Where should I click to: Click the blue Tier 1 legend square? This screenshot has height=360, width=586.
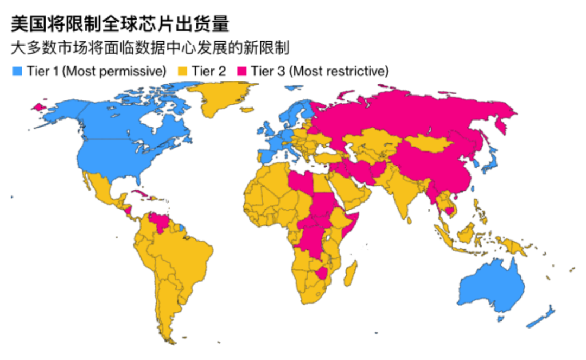pos(17,72)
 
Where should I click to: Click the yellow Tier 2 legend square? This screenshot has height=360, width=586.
pos(183,72)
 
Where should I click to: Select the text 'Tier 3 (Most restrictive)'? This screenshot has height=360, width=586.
pos(320,72)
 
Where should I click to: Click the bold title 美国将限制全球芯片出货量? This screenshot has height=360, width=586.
pos(120,25)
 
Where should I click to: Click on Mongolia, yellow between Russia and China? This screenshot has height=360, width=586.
pos(429,144)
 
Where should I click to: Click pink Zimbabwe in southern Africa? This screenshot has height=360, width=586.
pos(324,272)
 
